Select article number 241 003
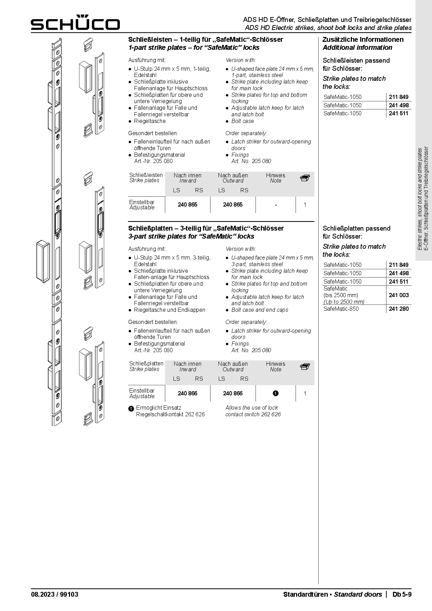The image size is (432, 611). (399, 295)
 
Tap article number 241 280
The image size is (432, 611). (399, 309)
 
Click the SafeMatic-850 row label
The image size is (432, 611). (341, 309)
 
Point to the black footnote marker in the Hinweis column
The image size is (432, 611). (276, 393)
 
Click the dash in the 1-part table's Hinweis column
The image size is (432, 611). (276, 205)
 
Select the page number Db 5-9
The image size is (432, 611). (402, 594)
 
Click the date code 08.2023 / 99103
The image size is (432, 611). (55, 594)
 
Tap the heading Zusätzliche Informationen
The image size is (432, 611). (363, 39)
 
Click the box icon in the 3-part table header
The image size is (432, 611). (305, 366)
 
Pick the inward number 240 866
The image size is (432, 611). (187, 393)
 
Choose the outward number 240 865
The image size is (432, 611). (233, 204)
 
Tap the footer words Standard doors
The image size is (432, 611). (358, 594)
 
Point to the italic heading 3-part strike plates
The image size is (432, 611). (191, 236)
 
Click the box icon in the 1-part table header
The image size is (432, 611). (305, 178)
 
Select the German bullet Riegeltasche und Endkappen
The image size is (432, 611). (169, 310)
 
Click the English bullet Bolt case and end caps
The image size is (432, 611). (260, 310)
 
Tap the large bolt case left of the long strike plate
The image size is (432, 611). (43, 261)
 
